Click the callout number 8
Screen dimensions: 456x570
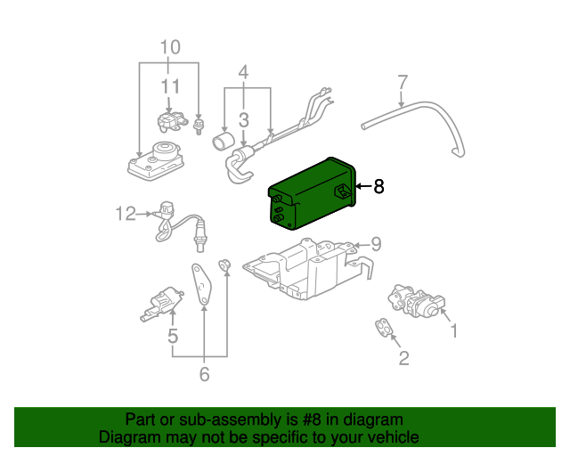[379, 187]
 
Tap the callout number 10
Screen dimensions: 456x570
[169, 46]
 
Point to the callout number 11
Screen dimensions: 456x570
[170, 86]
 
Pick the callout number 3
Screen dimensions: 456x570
[243, 118]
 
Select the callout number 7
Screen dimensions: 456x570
[402, 82]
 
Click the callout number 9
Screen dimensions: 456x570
[376, 243]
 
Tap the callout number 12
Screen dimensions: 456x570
[126, 213]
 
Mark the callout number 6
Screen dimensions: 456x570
[204, 375]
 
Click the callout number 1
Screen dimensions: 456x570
[453, 331]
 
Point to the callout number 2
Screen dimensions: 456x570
[403, 358]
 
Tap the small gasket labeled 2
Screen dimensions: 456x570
[384, 329]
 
